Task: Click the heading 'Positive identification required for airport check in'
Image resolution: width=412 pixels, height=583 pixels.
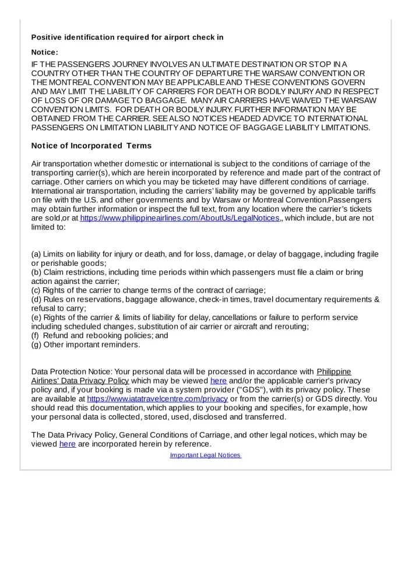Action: coord(127,38)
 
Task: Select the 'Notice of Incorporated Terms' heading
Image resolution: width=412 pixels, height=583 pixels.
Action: coord(91,146)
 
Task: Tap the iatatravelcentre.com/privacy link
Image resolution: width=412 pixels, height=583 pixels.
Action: coord(157,399)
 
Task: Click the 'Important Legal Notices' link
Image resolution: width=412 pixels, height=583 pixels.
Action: coord(205,455)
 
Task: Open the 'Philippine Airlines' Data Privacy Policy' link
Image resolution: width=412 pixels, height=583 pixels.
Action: coord(80,381)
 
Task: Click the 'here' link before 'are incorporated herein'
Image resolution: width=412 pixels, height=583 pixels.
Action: coord(68,444)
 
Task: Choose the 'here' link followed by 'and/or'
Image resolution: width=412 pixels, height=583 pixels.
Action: coord(218,381)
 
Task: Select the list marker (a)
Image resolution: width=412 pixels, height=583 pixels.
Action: coord(36,255)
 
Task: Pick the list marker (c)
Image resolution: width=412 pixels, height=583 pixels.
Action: coord(36,290)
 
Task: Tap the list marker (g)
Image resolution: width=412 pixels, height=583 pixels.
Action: coord(36,345)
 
